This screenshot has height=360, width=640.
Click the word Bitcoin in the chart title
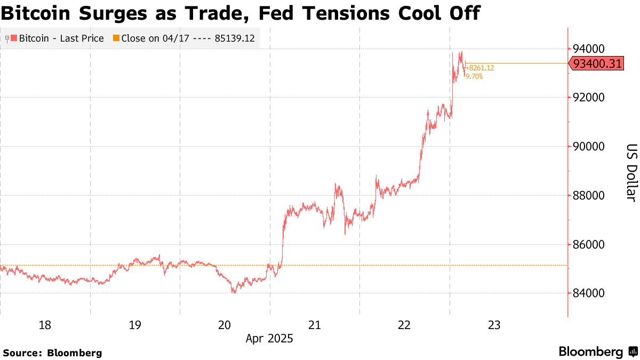[38, 13]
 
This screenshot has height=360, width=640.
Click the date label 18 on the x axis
[45, 325]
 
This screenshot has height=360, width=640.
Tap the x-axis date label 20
[225, 325]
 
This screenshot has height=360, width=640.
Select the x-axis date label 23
[494, 325]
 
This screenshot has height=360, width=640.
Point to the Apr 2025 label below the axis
[269, 339]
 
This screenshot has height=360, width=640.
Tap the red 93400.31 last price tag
[597, 64]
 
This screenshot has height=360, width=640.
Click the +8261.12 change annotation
[480, 68]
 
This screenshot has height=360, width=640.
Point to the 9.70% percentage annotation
[474, 77]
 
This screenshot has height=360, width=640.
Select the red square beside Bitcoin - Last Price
[14, 38]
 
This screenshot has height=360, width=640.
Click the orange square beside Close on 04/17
[116, 38]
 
